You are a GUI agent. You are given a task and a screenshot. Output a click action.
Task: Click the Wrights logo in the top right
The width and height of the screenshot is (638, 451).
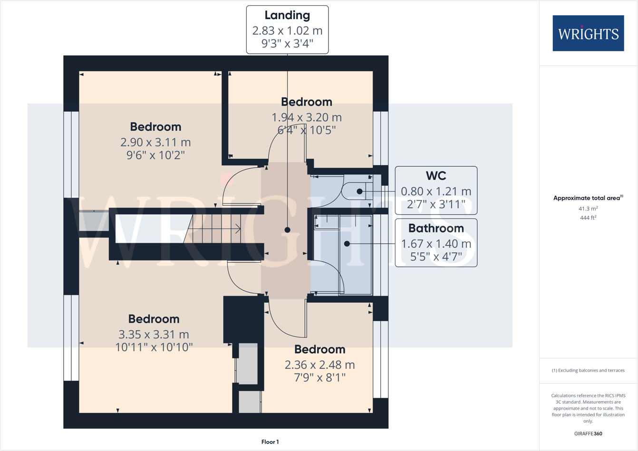coord(588,33)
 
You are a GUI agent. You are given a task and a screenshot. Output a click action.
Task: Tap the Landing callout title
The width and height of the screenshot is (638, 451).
coord(287,15)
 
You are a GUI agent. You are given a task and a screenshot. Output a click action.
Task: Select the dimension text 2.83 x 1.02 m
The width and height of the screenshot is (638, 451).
coord(287,31)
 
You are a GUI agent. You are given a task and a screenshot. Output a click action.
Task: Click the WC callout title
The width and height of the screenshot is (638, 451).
coord(436,176)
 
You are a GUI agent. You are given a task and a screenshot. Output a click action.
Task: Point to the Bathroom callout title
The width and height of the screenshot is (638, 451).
coord(436,228)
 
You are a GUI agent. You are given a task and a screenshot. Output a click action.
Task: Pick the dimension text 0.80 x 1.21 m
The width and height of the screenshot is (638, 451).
coord(436,192)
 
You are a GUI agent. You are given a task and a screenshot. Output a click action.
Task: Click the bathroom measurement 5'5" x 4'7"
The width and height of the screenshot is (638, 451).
coord(436,257)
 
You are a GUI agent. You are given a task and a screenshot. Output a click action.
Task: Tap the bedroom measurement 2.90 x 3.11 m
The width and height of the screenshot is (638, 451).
coord(155,142)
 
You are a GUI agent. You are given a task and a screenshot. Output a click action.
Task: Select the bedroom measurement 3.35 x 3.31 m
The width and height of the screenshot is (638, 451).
coord(154,334)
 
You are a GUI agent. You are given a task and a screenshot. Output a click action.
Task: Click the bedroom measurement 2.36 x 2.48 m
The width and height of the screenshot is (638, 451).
coord(319,365)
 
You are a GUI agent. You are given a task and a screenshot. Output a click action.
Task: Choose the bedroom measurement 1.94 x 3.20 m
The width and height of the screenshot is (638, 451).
coord(306,117)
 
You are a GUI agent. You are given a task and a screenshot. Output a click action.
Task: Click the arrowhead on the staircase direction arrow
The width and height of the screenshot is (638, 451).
coord(238,230)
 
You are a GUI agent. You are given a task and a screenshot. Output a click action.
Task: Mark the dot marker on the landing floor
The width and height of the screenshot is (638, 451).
coord(287,230)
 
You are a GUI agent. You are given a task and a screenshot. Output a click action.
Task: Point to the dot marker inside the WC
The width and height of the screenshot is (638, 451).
coord(359,192)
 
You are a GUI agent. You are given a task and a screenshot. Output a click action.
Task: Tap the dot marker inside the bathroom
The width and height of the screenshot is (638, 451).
coord(347,244)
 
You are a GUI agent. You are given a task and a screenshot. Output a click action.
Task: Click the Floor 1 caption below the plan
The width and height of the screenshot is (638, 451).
coord(270,442)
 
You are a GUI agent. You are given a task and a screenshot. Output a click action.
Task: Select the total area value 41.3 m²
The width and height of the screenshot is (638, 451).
coord(588,209)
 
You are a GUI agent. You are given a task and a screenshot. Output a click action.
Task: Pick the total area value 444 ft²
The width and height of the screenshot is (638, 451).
coord(588,218)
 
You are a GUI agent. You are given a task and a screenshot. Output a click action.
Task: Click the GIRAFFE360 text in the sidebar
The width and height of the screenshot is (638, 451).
coord(588,433)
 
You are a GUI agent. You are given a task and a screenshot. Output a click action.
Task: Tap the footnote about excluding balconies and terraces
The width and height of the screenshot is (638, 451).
coord(588,370)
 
